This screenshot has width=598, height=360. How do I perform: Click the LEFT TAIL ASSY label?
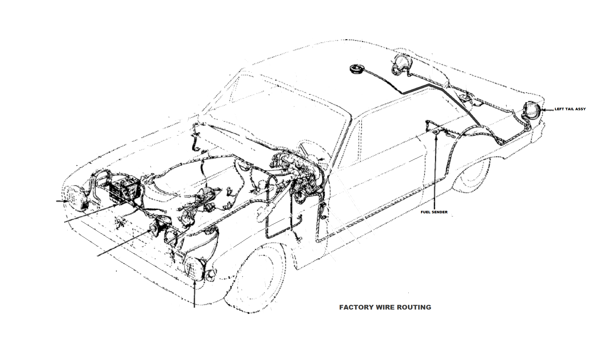pos(570,109)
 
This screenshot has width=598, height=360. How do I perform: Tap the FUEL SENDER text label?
pos(434,212)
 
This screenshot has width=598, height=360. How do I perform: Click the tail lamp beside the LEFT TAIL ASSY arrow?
pos(532,111)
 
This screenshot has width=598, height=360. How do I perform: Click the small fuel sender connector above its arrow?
pos(436,133)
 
